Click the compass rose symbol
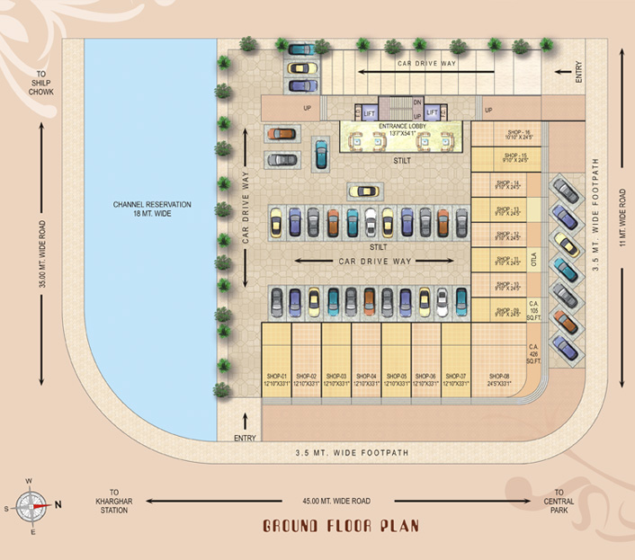pos(29,503)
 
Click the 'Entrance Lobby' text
pos(402,128)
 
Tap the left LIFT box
pos(369,113)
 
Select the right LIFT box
pos(432,113)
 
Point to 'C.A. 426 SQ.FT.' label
pos(533,351)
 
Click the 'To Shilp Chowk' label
pos(41,84)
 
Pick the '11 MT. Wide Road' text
pos(622,221)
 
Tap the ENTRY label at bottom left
pos(245,438)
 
